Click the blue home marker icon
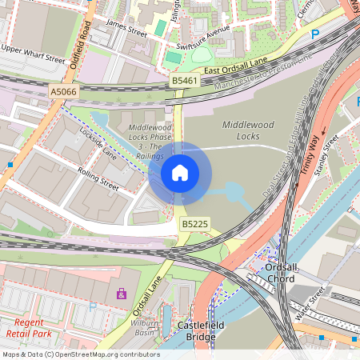tap(180, 172)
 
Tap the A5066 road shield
tap(64, 92)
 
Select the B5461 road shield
tap(185, 81)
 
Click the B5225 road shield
tap(194, 225)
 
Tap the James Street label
tap(126, 29)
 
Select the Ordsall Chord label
tap(280, 273)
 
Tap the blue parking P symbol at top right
tap(314, 34)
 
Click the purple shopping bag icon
tap(121, 294)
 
